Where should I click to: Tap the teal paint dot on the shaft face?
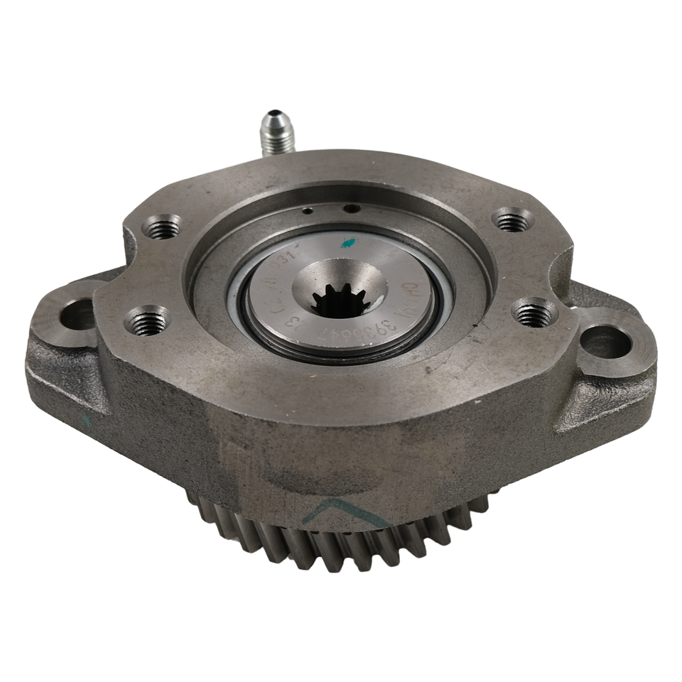[x=347, y=243]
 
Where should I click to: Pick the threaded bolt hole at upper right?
[x=513, y=220]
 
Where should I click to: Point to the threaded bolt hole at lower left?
[x=148, y=322]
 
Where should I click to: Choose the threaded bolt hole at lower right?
[x=534, y=313]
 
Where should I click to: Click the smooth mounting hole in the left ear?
[x=80, y=313]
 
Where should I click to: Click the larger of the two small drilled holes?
[x=350, y=208]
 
